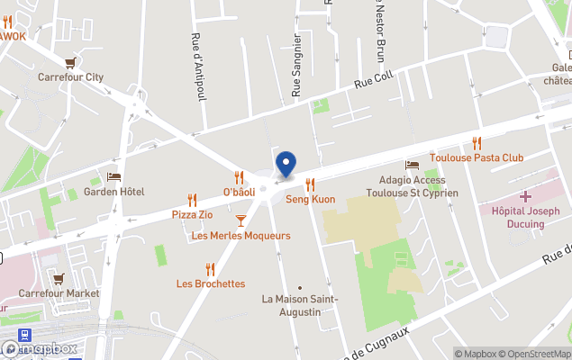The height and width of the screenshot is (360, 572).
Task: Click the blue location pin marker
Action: click(x=286, y=164)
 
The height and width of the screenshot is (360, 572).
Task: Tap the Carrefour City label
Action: click(x=70, y=77)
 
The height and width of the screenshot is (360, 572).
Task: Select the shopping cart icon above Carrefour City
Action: click(x=70, y=62)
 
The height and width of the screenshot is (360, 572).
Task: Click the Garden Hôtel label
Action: click(x=113, y=192)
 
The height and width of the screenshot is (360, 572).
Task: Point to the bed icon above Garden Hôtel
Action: click(x=113, y=176)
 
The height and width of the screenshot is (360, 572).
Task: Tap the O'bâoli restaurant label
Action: click(x=239, y=192)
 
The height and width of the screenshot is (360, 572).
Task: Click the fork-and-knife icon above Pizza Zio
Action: click(x=192, y=200)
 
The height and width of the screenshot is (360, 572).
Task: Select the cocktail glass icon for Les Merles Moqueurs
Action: click(x=241, y=220)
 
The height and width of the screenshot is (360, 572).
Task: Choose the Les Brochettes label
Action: click(x=211, y=283)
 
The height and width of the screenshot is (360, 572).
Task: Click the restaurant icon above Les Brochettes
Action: click(x=210, y=268)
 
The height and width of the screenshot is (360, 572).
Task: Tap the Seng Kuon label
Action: click(x=310, y=199)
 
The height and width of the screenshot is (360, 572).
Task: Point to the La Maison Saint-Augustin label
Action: click(x=300, y=305)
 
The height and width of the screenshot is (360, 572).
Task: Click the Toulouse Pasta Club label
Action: click(x=477, y=157)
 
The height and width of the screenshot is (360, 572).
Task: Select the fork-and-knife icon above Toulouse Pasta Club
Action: click(x=477, y=142)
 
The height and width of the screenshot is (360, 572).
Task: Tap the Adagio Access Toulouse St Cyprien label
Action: click(x=419, y=186)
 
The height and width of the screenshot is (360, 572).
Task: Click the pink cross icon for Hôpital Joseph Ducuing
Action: click(x=525, y=195)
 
